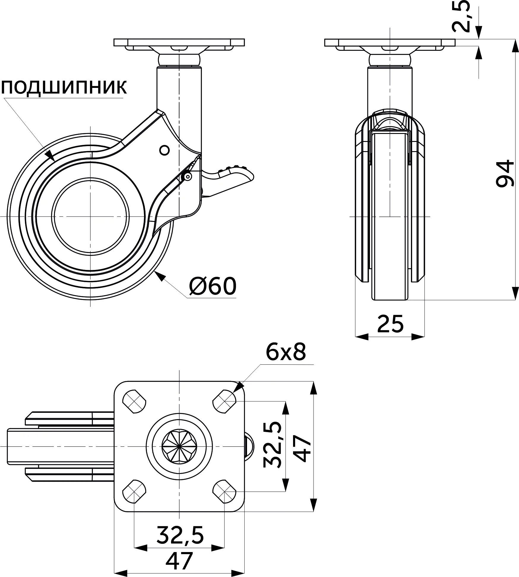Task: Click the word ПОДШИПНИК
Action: pyautogui.click(x=64, y=87)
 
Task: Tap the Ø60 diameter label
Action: pyautogui.click(x=213, y=286)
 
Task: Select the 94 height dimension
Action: pyautogui.click(x=504, y=173)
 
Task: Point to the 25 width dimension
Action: pyautogui.click(x=390, y=324)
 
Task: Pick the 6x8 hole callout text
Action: pyautogui.click(x=285, y=352)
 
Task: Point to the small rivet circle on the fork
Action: pyautogui.click(x=164, y=150)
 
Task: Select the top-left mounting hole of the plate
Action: pyautogui.click(x=134, y=401)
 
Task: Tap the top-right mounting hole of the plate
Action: pyautogui.click(x=225, y=401)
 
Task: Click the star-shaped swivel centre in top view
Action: pyautogui.click(x=179, y=446)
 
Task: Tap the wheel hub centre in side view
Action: pyautogui.click(x=91, y=216)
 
